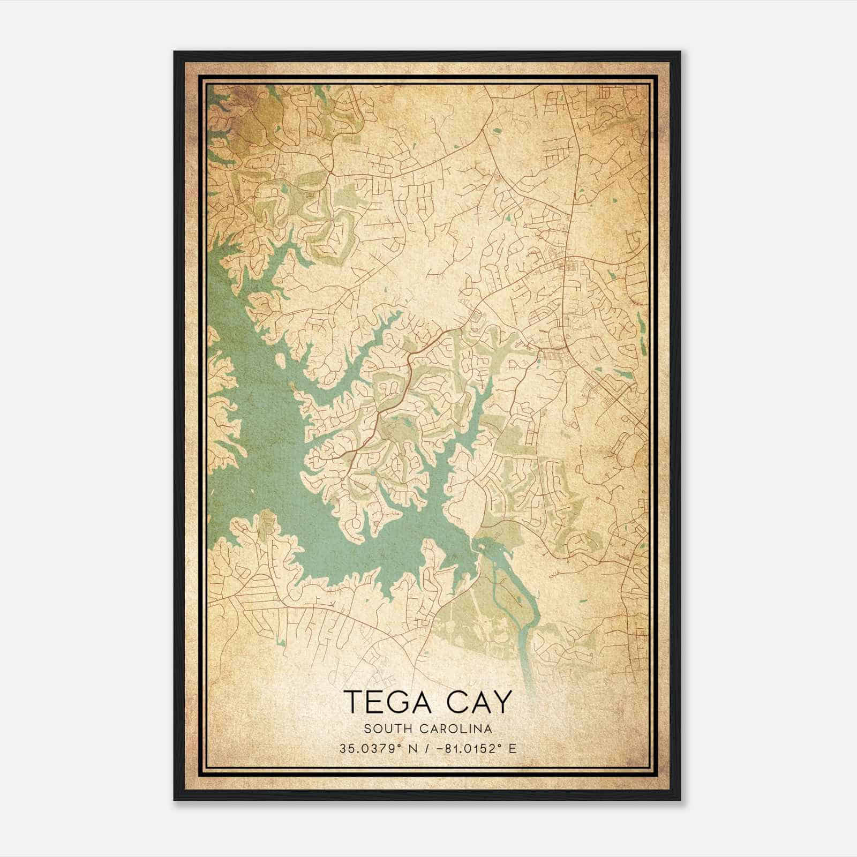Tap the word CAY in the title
[477, 701]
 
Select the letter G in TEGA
[397, 701]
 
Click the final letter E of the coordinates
[513, 748]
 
